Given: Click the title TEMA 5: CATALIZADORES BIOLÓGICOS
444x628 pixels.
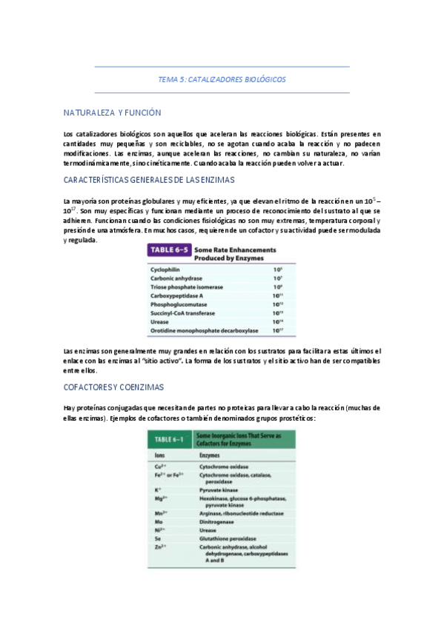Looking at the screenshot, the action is point(222,79).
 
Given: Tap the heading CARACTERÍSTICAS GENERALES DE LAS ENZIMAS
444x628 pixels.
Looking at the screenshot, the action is point(139,180).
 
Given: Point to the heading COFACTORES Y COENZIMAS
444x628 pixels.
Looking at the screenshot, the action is point(113,387).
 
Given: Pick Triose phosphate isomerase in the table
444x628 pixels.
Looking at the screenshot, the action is point(184,287).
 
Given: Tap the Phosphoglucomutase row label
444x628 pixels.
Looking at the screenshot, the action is point(179,304).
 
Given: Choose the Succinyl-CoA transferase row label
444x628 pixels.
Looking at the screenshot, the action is point(182,313).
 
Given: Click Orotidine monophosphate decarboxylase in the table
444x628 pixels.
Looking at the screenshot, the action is point(204,330).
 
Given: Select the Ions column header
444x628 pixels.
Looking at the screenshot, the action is point(159,453).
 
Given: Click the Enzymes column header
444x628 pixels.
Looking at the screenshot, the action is point(211,453).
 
